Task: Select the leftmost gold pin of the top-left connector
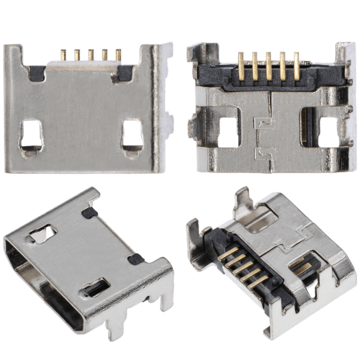click(63, 55)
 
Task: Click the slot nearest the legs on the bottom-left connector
click(95, 289)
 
